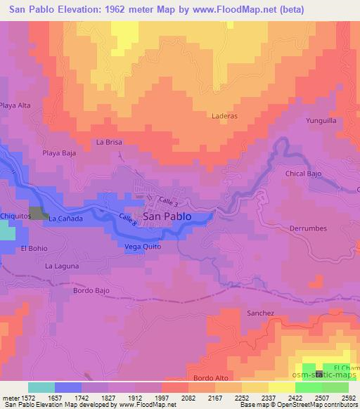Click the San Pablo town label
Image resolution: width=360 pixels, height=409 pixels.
[x=167, y=217]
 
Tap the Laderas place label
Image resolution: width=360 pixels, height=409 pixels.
[x=224, y=116]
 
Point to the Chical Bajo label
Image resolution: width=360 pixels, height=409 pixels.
[x=304, y=173]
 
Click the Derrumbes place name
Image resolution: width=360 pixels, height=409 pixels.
[x=308, y=228]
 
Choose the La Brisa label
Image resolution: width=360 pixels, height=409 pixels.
[x=109, y=142]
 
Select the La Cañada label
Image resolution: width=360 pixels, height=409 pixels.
[x=65, y=219]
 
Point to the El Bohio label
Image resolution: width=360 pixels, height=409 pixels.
[x=34, y=248]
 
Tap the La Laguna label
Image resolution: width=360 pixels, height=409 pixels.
[x=62, y=266]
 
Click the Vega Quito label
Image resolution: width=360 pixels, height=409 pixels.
[x=143, y=247]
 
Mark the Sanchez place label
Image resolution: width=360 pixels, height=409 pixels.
[x=260, y=313]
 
